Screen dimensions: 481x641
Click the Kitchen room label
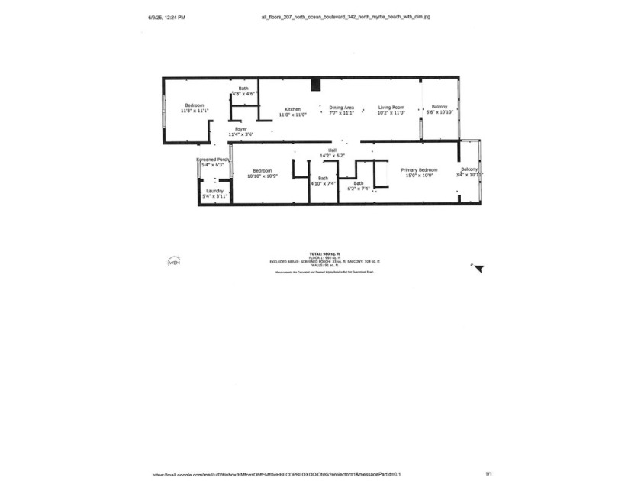point(294,108)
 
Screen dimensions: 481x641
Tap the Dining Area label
point(341,108)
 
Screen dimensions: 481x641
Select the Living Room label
point(391,108)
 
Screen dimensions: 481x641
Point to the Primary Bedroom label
point(419,169)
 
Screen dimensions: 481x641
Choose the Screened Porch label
point(213,160)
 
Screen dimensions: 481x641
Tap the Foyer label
point(240,129)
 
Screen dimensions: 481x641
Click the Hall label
point(332,150)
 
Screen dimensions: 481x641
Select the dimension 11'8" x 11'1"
point(195,111)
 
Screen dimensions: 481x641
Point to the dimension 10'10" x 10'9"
point(263,176)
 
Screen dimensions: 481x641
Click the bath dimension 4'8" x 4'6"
point(243,94)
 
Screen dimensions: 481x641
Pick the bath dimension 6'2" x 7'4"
point(359,189)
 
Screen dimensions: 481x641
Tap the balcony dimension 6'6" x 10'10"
point(439,112)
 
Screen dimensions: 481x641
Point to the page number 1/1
point(488,474)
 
